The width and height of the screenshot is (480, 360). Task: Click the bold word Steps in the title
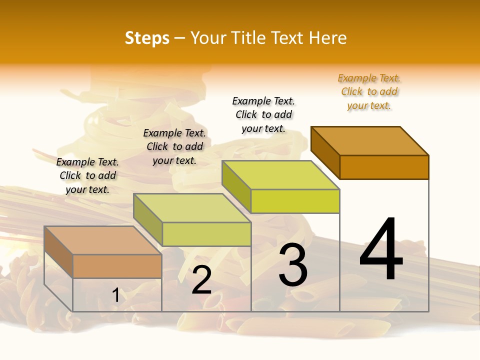point(147,38)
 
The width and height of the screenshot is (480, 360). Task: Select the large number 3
point(292,264)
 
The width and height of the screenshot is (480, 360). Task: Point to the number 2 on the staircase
point(201,280)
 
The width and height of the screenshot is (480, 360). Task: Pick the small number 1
point(116,295)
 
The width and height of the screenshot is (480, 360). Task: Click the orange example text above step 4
point(369,91)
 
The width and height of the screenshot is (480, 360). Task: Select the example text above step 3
point(263,114)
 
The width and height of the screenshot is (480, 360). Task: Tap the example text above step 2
point(174,146)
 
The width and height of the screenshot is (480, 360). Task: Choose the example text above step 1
point(87,175)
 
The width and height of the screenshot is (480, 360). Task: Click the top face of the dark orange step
point(370,140)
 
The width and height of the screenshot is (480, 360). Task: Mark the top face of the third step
point(281,174)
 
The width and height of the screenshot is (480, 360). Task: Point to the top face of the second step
point(192,207)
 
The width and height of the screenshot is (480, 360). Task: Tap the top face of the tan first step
point(103,240)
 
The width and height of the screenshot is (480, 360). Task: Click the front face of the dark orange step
point(384,167)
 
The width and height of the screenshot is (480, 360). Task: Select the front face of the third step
point(295,201)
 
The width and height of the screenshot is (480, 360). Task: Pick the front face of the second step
point(206,234)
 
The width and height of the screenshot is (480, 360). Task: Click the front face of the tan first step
point(117,266)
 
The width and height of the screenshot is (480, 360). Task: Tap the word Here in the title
point(327,38)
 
